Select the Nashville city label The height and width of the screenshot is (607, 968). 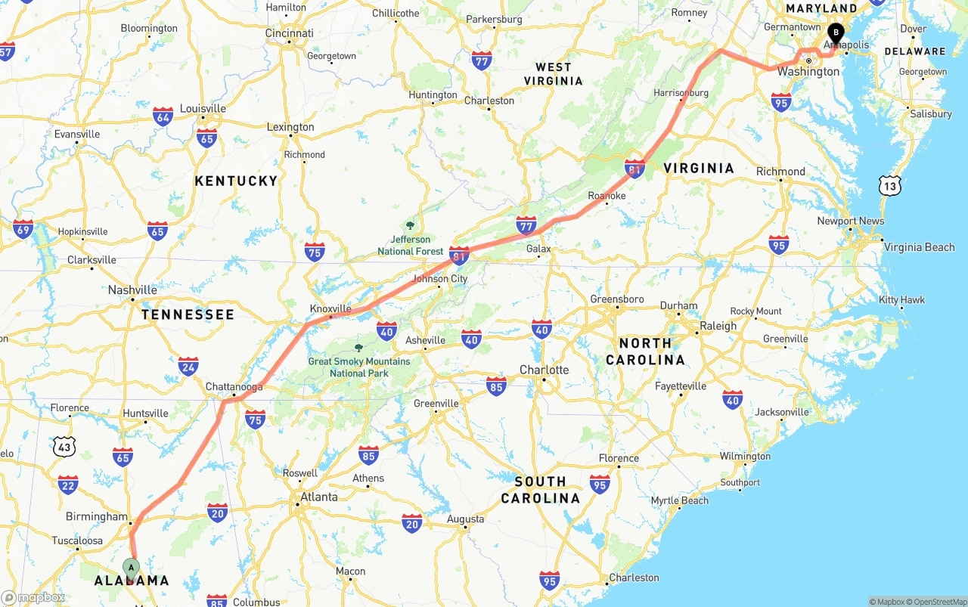pyautogui.click(x=132, y=290)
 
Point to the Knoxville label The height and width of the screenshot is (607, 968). pyautogui.click(x=330, y=308)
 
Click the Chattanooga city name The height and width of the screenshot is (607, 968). pyautogui.click(x=234, y=387)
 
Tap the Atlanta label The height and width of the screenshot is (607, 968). pyautogui.click(x=319, y=497)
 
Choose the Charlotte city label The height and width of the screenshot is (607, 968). pyautogui.click(x=544, y=370)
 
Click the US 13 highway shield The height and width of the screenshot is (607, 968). pyautogui.click(x=889, y=184)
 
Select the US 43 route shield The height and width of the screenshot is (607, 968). pyautogui.click(x=65, y=447)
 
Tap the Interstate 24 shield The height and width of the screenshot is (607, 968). pyautogui.click(x=188, y=367)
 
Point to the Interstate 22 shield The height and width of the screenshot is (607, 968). pyautogui.click(x=68, y=485)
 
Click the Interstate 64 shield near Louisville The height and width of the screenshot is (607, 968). pyautogui.click(x=163, y=116)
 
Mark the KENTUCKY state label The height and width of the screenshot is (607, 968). pyautogui.click(x=236, y=181)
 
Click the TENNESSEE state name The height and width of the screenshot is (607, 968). pyautogui.click(x=188, y=314)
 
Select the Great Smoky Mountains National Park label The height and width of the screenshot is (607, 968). pyautogui.click(x=359, y=367)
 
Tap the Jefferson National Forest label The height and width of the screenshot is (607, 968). pyautogui.click(x=411, y=246)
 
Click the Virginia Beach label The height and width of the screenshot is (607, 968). pyautogui.click(x=919, y=247)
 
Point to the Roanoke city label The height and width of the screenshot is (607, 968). pyautogui.click(x=607, y=196)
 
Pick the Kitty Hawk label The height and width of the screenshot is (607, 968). pyautogui.click(x=901, y=300)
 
